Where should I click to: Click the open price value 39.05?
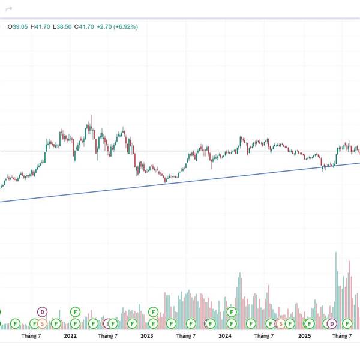(16, 27)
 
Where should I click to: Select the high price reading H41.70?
(40, 27)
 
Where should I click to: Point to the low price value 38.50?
(62, 27)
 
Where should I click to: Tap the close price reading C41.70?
(85, 27)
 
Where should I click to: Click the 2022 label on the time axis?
(70, 336)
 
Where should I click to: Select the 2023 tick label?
(147, 336)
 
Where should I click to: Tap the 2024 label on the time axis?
(225, 336)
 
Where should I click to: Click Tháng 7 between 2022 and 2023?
(108, 336)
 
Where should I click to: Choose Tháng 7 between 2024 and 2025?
(263, 336)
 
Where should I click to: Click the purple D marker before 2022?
(42, 311)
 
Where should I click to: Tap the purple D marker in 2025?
(331, 323)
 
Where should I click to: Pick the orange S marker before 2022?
(42, 323)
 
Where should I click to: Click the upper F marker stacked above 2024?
(231, 312)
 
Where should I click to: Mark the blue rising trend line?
(180, 181)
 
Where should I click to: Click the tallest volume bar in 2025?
(335, 288)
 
